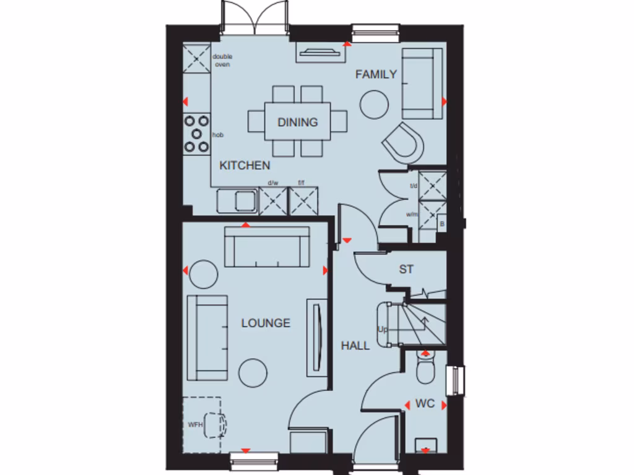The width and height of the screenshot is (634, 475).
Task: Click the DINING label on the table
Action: tap(297, 122)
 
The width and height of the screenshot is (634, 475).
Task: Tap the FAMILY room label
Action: tap(376, 75)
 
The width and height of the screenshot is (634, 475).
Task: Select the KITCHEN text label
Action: tap(245, 165)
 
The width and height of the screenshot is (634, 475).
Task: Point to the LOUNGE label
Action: tap(266, 323)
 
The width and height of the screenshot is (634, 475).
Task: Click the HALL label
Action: tap(355, 346)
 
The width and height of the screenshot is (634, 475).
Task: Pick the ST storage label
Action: tap(406, 270)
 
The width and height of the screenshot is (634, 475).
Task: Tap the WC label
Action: tap(425, 404)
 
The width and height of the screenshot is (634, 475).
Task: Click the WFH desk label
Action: tap(196, 425)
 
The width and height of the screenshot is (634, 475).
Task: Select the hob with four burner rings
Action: tap(196, 134)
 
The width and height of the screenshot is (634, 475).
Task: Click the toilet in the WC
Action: tap(426, 369)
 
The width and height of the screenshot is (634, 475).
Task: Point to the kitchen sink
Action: tap(236, 201)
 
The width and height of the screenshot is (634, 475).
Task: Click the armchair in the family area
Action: tap(404, 143)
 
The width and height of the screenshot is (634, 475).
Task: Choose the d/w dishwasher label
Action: tap(272, 183)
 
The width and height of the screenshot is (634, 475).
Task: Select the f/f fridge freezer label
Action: tap(302, 183)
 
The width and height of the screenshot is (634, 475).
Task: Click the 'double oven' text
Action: tap(222, 61)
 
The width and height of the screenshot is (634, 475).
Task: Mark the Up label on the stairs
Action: tap(383, 330)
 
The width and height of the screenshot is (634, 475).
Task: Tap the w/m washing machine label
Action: tap(412, 215)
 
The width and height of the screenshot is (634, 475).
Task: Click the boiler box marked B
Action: tap(441, 223)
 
